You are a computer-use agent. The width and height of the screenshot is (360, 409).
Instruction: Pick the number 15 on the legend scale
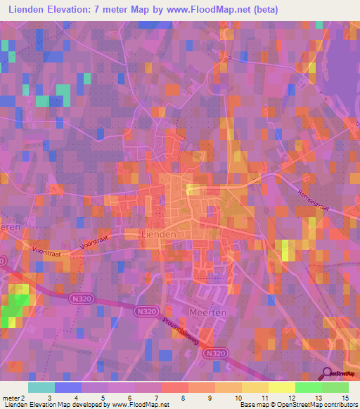point(345,398)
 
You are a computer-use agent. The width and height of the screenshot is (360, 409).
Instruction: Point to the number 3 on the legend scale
point(39,398)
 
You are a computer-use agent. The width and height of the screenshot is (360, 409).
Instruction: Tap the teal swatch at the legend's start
point(41,387)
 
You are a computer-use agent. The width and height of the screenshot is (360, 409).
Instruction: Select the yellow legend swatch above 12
point(282,387)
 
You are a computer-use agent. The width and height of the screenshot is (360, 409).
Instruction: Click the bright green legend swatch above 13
point(309,387)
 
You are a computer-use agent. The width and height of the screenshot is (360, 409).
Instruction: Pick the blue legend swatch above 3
point(68,387)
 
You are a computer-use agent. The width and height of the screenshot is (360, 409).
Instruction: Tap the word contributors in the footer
point(337,405)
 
